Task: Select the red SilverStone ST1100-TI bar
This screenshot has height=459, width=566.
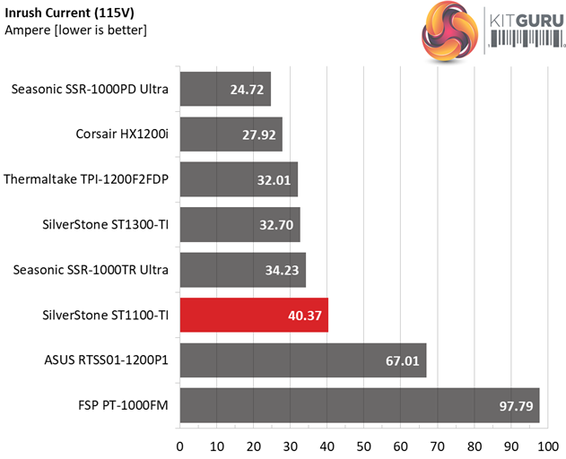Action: (x=254, y=316)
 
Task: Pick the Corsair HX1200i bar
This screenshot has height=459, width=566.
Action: (x=231, y=134)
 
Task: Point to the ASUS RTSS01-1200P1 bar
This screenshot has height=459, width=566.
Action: (x=302, y=360)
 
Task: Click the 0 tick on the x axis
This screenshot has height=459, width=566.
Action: (x=180, y=446)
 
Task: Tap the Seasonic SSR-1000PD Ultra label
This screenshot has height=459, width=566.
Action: (x=91, y=89)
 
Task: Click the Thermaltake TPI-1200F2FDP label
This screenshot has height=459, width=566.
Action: (x=87, y=179)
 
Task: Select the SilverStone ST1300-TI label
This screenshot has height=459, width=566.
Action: (x=107, y=224)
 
